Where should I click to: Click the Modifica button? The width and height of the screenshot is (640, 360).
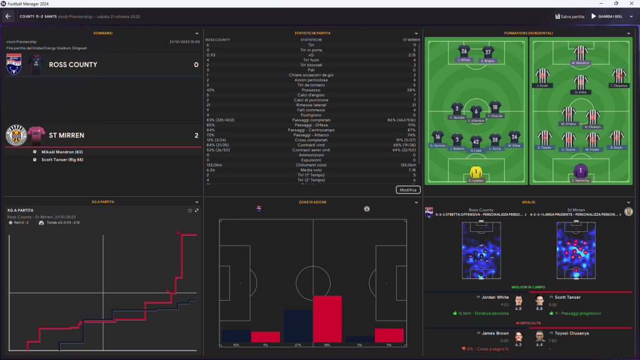407,189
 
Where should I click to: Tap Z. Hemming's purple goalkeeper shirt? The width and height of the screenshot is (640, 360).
581,171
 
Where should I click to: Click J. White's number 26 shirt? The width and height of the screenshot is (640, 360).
464,51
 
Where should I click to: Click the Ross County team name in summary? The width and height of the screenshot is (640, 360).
73,64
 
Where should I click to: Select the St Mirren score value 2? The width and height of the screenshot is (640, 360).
196,135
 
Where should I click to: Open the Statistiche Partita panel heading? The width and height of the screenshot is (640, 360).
312,33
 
